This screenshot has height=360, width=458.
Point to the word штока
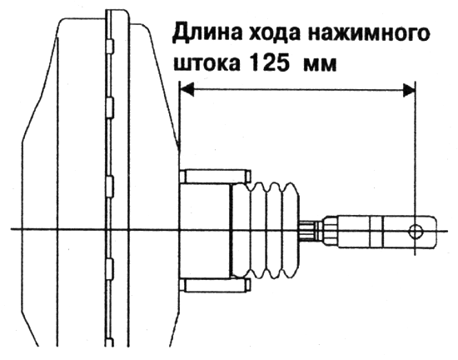click(207, 63)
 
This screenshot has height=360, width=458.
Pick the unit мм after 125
click(321, 64)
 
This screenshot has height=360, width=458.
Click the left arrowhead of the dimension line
click(187, 89)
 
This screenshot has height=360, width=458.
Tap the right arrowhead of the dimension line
click(409, 90)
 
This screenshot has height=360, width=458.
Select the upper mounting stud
click(216, 176)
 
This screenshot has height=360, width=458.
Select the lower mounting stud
click(216, 286)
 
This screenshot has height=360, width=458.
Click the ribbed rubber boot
click(266, 230)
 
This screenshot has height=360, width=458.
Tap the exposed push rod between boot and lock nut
click(307, 232)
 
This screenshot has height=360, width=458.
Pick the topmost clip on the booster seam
click(110, 46)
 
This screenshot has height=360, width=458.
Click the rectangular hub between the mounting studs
click(206, 231)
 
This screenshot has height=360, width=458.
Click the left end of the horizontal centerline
click(12, 229)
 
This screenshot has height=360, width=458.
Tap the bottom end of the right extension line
click(415, 255)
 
